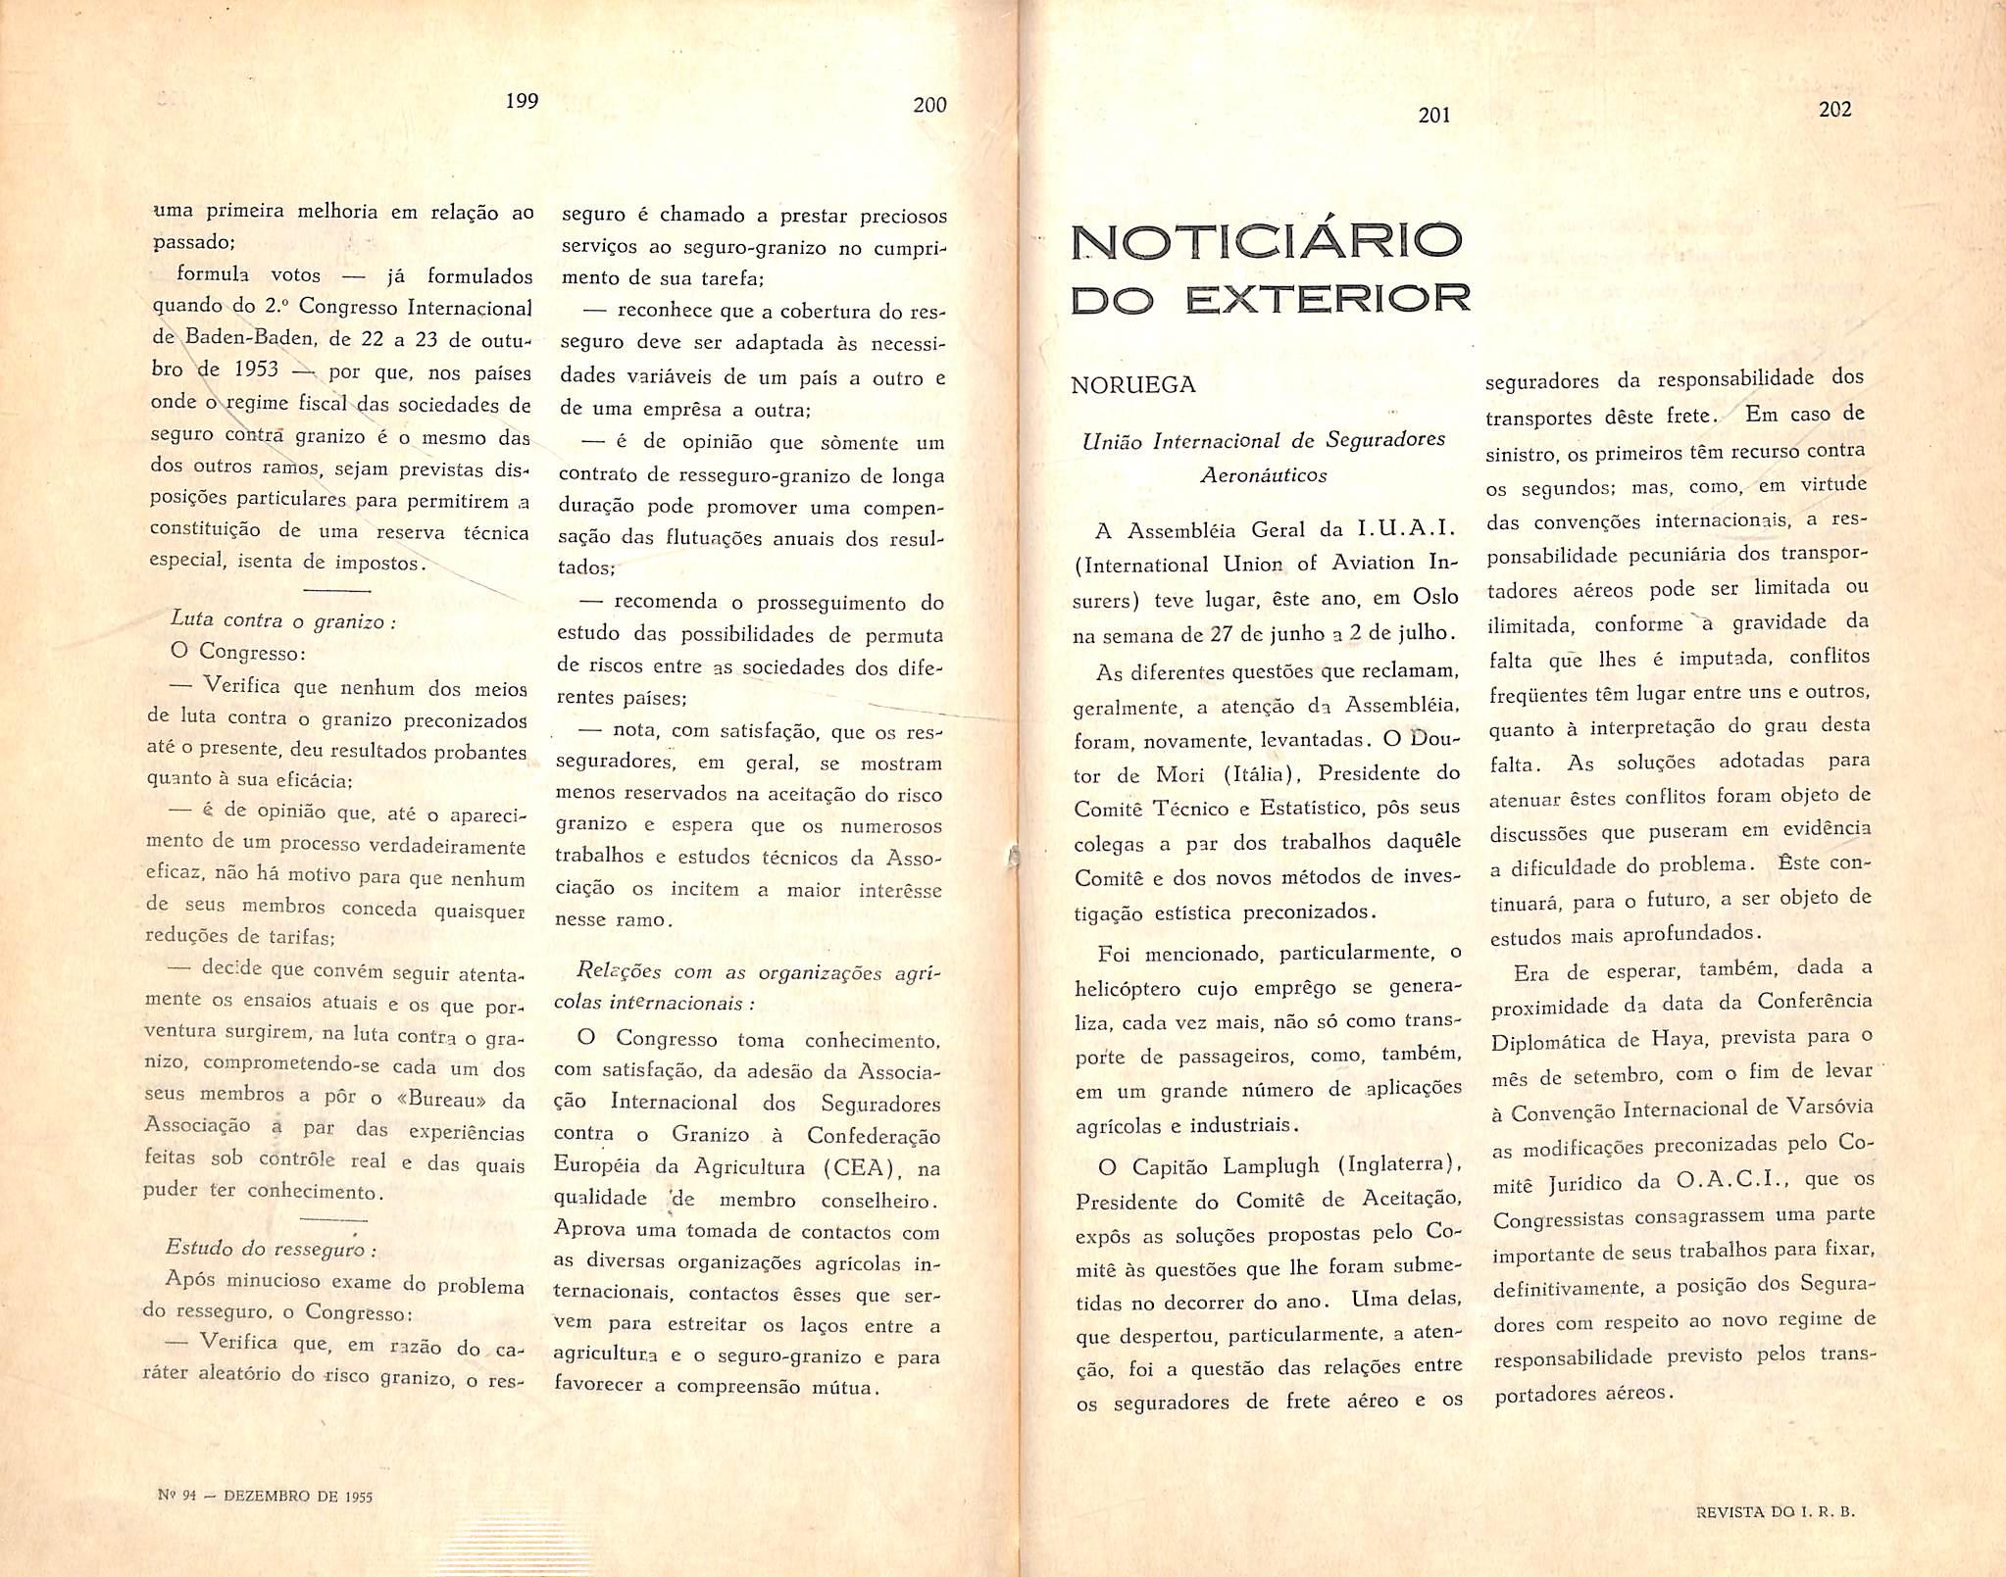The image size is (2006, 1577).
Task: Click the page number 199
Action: pyautogui.click(x=522, y=101)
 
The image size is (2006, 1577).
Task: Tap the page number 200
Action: pyautogui.click(x=929, y=105)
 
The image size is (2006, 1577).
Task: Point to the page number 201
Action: pyautogui.click(x=1433, y=115)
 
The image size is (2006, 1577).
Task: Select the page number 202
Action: pyautogui.click(x=1834, y=110)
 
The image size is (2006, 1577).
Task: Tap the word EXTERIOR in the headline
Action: pyautogui.click(x=1328, y=298)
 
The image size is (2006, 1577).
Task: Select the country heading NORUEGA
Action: pyautogui.click(x=1133, y=385)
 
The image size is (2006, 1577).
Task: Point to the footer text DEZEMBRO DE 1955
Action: pyautogui.click(x=298, y=1496)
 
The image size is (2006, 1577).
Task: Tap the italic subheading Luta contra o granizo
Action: pyautogui.click(x=282, y=620)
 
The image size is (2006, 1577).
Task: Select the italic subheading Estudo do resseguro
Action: pyautogui.click(x=271, y=1249)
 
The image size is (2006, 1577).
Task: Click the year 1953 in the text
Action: pyautogui.click(x=257, y=370)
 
